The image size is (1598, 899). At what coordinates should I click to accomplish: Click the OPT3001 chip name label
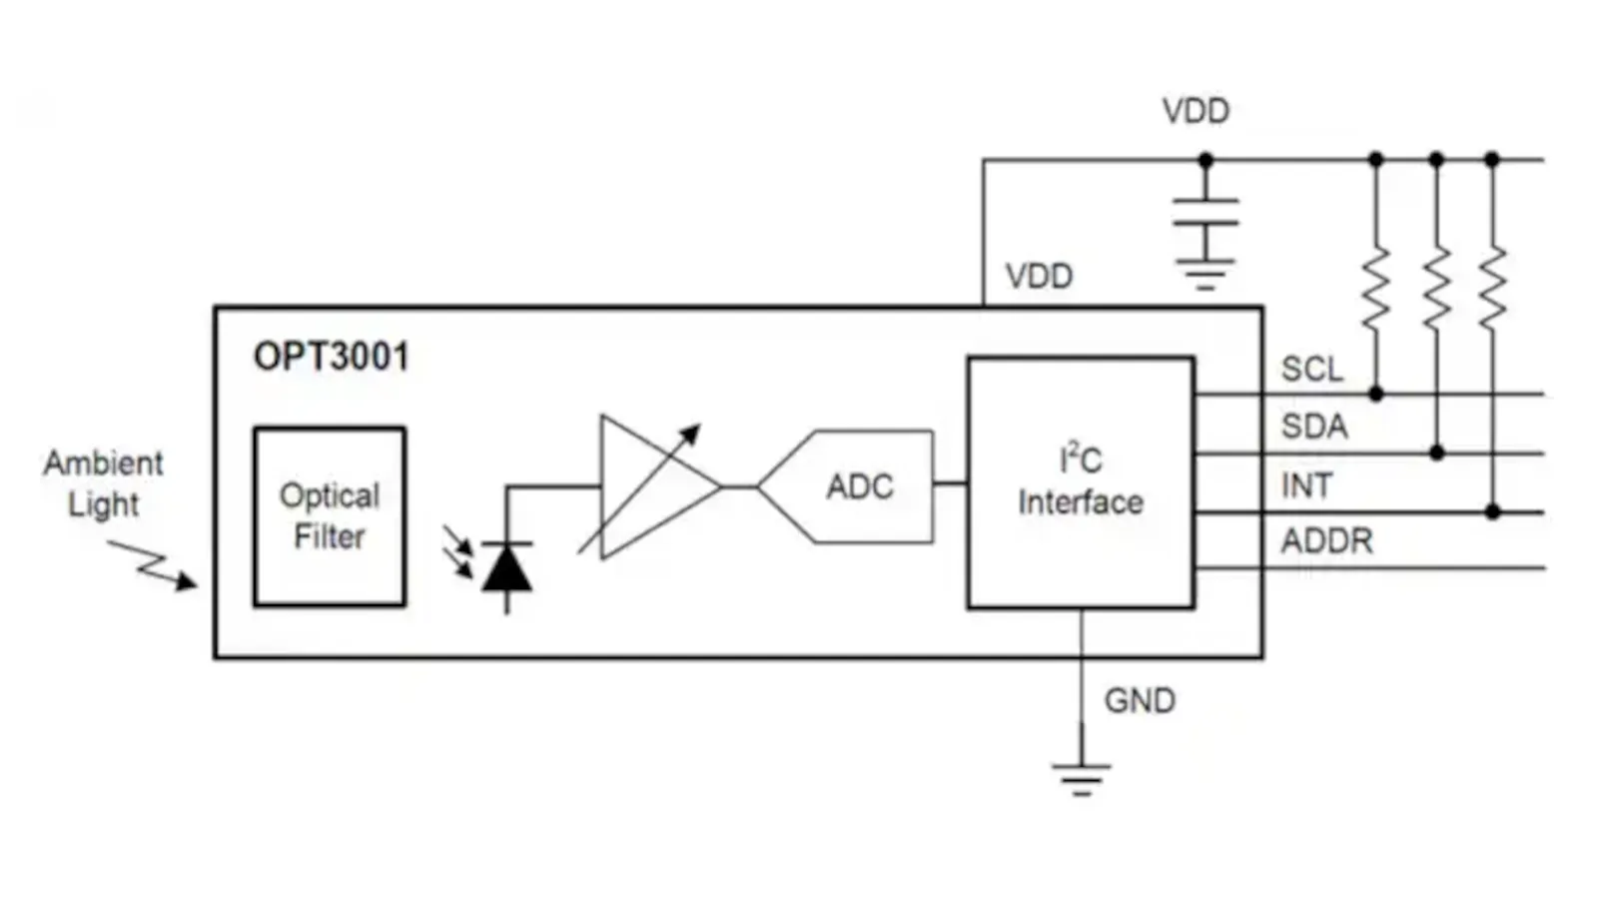pyautogui.click(x=331, y=357)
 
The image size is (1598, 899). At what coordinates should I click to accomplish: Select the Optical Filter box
pyautogui.click(x=330, y=516)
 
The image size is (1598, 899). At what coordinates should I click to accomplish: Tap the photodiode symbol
pyautogui.click(x=506, y=570)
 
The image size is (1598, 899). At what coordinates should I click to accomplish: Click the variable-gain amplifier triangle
pyautogui.click(x=649, y=486)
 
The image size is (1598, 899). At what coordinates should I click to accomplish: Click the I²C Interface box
pyautogui.click(x=1081, y=482)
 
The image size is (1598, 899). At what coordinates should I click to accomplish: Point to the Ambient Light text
pyautogui.click(x=103, y=483)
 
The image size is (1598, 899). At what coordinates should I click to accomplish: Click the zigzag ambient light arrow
pyautogui.click(x=152, y=565)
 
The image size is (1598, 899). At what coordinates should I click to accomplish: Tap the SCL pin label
pyautogui.click(x=1311, y=369)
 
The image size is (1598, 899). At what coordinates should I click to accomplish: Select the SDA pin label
pyautogui.click(x=1314, y=427)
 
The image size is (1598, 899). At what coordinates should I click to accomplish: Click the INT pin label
pyautogui.click(x=1305, y=485)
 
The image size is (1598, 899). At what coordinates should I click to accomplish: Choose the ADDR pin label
pyautogui.click(x=1326, y=541)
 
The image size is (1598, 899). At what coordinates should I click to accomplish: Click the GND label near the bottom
pyautogui.click(x=1139, y=701)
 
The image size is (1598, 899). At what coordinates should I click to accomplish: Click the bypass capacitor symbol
pyautogui.click(x=1205, y=213)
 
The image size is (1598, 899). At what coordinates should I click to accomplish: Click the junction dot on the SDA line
pyautogui.click(x=1436, y=453)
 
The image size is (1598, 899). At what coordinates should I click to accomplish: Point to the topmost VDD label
pyautogui.click(x=1196, y=111)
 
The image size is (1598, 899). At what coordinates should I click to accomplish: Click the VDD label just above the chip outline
pyautogui.click(x=1039, y=277)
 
